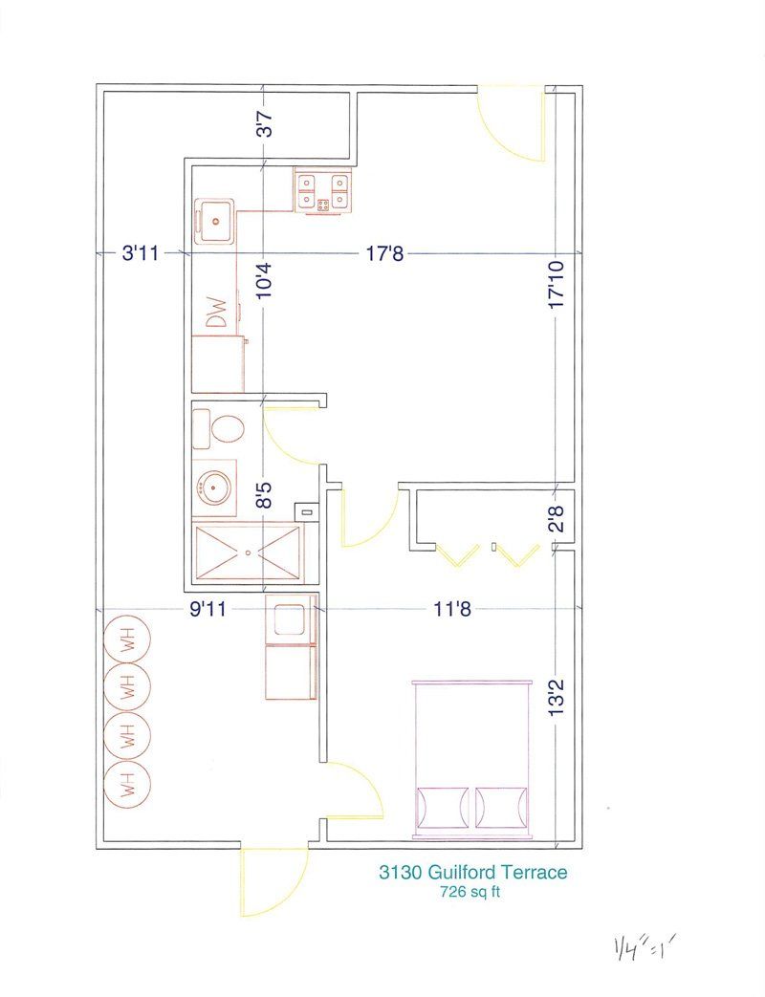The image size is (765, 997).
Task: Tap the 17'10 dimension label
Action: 556,285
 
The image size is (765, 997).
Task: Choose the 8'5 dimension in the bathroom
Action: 264,494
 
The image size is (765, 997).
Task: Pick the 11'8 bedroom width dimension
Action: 448,609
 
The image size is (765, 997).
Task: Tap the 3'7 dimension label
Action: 264,124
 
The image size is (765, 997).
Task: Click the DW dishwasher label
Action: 218,314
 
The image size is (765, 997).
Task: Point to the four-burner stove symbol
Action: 322,191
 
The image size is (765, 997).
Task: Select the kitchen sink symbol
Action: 215,220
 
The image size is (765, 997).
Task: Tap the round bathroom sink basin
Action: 214,488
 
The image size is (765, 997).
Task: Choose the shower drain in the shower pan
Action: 249,552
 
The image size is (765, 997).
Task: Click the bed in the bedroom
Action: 470,759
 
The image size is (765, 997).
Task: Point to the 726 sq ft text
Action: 470,894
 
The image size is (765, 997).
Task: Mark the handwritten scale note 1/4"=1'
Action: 645,948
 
